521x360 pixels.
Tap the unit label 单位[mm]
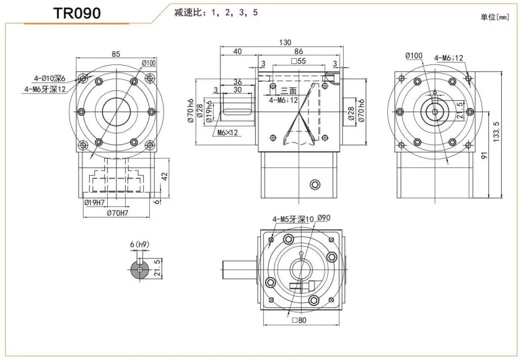(x=494, y=17)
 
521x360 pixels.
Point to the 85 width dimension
(x=116, y=54)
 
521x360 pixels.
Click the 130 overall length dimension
(x=286, y=42)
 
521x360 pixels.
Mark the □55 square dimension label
(x=298, y=62)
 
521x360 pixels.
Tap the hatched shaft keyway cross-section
(x=141, y=270)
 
